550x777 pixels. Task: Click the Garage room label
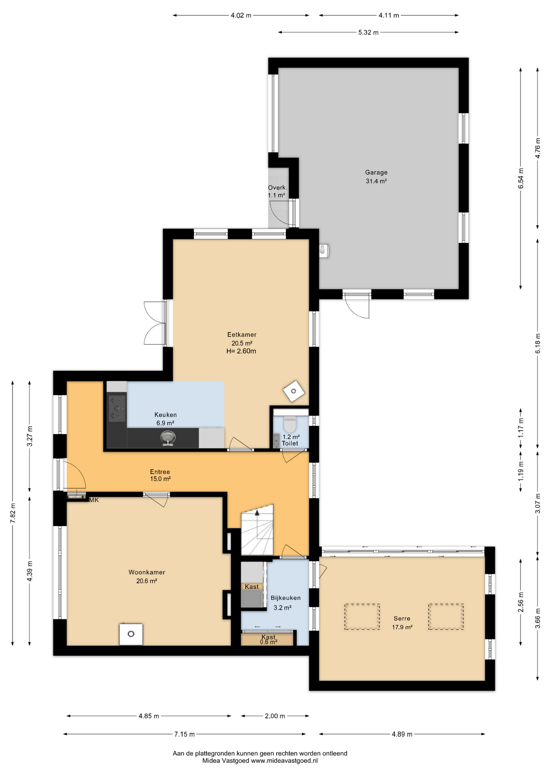click(x=376, y=172)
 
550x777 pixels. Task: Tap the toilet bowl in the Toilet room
click(x=290, y=424)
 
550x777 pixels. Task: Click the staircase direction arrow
click(x=257, y=513)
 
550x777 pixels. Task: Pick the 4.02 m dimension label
click(x=241, y=15)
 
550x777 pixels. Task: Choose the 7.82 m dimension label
click(x=13, y=514)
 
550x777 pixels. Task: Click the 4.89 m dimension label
click(x=402, y=734)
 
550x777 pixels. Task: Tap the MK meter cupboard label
click(x=94, y=500)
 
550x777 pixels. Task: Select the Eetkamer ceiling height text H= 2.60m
click(x=241, y=351)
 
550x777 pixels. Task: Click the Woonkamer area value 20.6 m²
click(x=147, y=581)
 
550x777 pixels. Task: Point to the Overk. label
click(x=277, y=188)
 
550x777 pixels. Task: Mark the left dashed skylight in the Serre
click(x=362, y=617)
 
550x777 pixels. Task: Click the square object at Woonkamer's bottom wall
click(x=131, y=634)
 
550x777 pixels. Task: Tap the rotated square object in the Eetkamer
click(x=294, y=391)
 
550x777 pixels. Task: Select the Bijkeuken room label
click(x=286, y=598)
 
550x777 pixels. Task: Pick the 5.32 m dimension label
click(x=368, y=32)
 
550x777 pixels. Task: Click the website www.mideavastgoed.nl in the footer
click(x=284, y=761)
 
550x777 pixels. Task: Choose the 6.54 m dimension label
click(x=521, y=178)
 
